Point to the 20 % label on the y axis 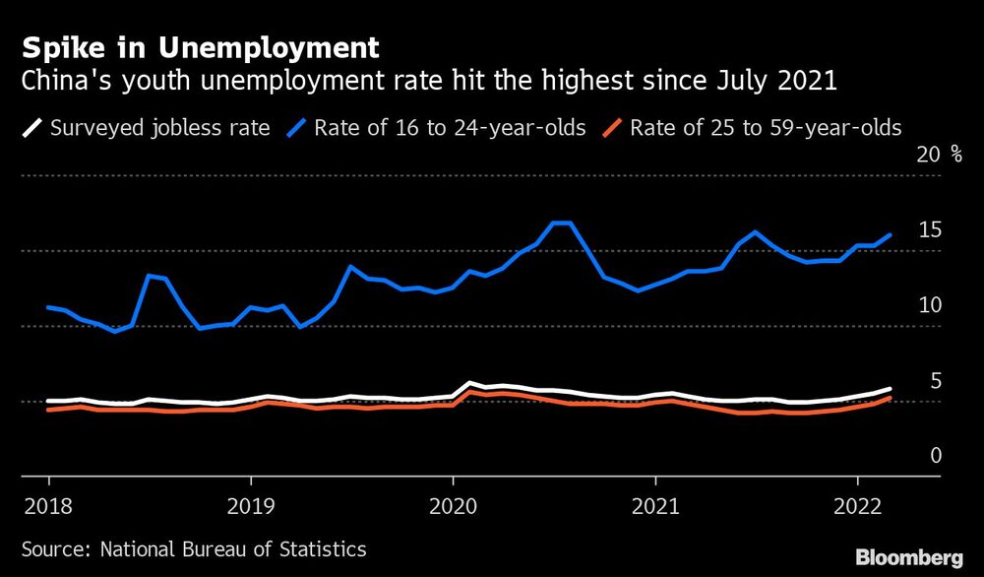point(940,155)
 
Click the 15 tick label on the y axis point(930,230)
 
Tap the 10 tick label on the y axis point(930,305)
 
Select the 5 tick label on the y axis point(937,381)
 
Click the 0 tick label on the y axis point(937,456)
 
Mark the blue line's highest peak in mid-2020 point(562,223)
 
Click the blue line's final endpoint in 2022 point(891,234)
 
